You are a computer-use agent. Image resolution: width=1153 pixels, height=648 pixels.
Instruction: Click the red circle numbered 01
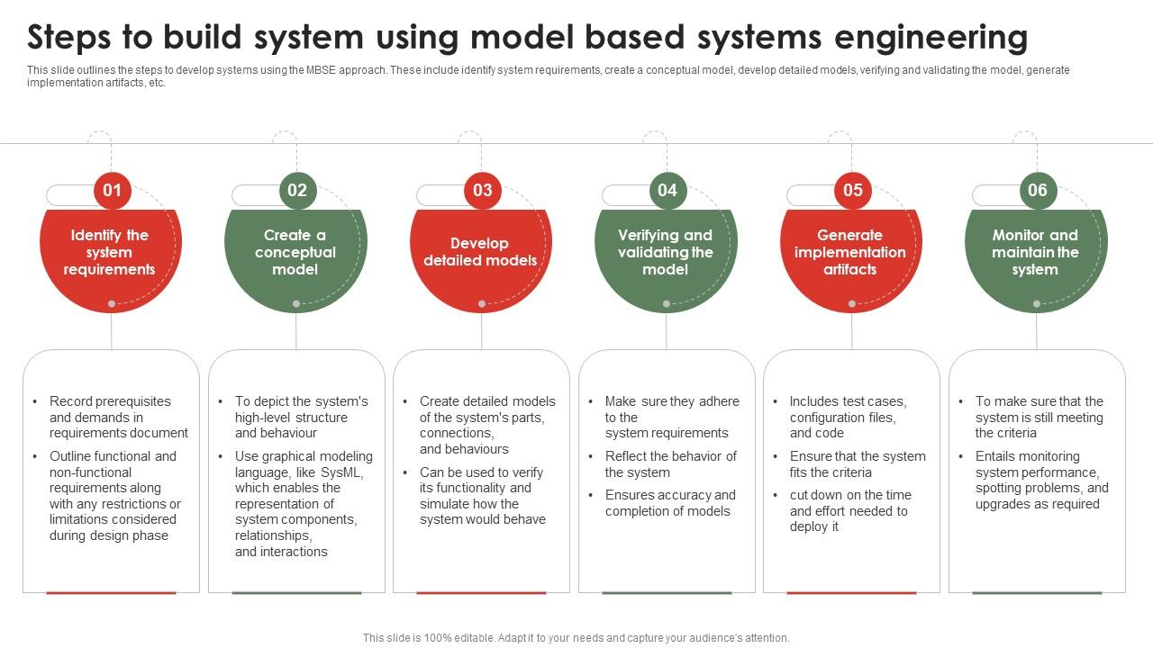click(x=112, y=190)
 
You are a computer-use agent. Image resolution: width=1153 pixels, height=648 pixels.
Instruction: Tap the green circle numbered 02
click(x=297, y=190)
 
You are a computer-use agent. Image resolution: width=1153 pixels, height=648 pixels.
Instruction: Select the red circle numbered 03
click(x=483, y=190)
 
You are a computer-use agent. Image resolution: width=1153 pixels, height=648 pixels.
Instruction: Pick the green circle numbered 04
click(x=667, y=190)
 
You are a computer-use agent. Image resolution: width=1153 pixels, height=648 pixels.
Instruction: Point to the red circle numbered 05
click(x=853, y=190)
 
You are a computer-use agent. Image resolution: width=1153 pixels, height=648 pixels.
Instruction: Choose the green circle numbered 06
click(x=1038, y=190)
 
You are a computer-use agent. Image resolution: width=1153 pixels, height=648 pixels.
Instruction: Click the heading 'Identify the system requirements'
click(x=109, y=252)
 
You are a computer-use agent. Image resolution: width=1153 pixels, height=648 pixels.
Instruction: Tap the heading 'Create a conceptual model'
click(x=295, y=252)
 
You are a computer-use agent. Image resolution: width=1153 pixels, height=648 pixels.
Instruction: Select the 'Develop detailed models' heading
click(x=480, y=252)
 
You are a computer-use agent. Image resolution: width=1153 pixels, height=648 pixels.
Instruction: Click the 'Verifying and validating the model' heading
click(x=665, y=252)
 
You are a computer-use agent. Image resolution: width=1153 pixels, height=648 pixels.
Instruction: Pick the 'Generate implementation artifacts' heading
click(x=850, y=252)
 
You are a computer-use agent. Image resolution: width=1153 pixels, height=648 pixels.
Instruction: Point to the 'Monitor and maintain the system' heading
click(x=1035, y=252)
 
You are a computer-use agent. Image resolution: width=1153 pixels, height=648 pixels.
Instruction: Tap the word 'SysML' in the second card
click(x=341, y=472)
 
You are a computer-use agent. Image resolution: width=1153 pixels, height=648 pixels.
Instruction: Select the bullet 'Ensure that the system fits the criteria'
click(x=857, y=464)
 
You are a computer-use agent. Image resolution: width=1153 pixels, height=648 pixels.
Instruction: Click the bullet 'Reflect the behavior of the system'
click(x=670, y=464)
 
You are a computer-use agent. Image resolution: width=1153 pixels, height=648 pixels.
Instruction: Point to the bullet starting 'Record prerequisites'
click(x=118, y=417)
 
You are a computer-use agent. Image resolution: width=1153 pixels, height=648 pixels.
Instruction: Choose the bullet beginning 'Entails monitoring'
click(x=1041, y=480)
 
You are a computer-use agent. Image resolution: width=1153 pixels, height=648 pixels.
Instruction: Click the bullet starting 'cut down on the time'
click(x=849, y=511)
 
